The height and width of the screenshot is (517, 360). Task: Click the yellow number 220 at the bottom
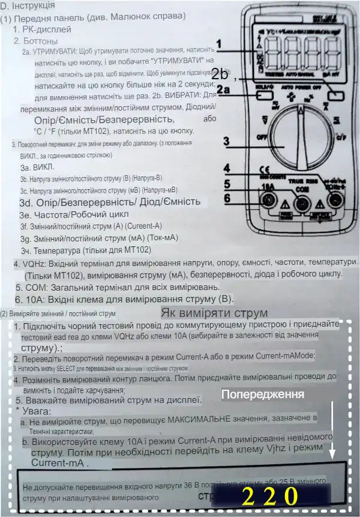click(269, 497)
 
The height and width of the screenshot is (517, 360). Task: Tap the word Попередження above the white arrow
click(263, 395)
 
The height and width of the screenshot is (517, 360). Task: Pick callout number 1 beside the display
click(220, 44)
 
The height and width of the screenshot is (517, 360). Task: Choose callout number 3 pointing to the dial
click(226, 142)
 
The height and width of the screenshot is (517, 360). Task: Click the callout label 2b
click(220, 74)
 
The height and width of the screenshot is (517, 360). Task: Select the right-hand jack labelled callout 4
click(338, 202)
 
